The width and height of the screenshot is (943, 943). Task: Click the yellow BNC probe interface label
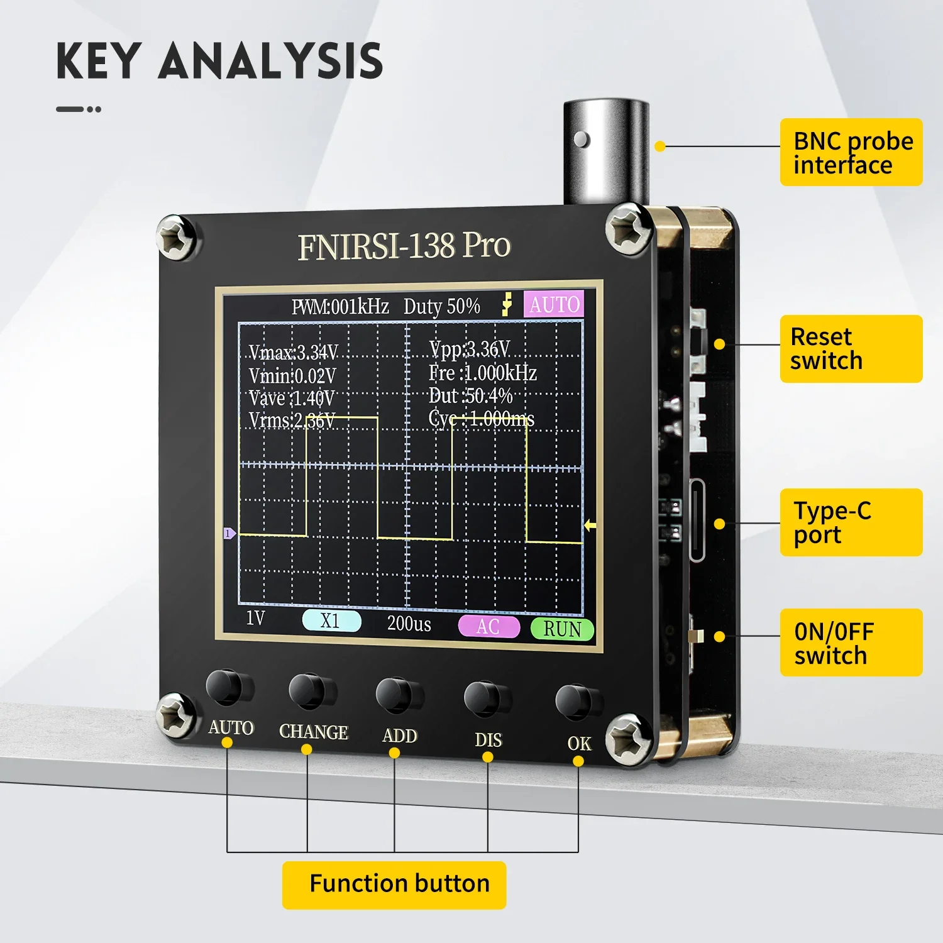coord(851,152)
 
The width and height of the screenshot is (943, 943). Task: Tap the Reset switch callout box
coord(851,349)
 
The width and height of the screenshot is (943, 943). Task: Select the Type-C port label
coord(851,522)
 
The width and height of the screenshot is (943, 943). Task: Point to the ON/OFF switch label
coord(851,642)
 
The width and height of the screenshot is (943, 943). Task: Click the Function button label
coord(394,885)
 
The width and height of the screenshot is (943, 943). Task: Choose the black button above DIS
coord(484,697)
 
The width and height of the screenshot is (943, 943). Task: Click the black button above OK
coord(575,701)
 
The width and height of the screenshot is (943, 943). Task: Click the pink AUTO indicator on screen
coord(554,305)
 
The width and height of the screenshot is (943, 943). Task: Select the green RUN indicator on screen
coord(562,629)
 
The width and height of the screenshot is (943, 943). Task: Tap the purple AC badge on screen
coord(488,627)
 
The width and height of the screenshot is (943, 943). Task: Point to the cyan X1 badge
coord(331,621)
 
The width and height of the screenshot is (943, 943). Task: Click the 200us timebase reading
coord(409,624)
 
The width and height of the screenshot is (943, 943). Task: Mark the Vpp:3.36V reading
coord(470,349)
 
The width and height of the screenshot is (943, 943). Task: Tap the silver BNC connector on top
coord(605,151)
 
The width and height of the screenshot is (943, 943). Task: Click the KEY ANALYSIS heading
coord(219,61)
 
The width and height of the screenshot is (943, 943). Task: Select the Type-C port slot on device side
coord(697,519)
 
